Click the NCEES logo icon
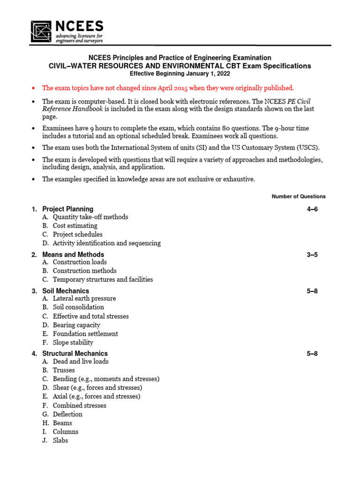tap(42, 31)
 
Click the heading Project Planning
tap(67, 209)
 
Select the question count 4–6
tap(312, 209)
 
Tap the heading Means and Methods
tap(73, 255)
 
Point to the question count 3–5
tap(312, 255)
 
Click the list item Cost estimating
tap(75, 226)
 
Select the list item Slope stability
tap(73, 343)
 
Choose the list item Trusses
tap(64, 370)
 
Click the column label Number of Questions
tap(299, 196)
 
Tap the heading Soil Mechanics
tap(66, 291)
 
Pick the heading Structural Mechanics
tap(75, 353)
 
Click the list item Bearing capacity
tap(76, 325)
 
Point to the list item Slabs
tap(60, 441)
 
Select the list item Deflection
tap(67, 414)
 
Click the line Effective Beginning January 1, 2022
tap(180, 74)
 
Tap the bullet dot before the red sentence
tap(33, 88)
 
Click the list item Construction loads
tap(80, 262)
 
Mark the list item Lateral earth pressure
tap(84, 299)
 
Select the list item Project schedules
tap(78, 234)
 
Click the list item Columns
tap(66, 432)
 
